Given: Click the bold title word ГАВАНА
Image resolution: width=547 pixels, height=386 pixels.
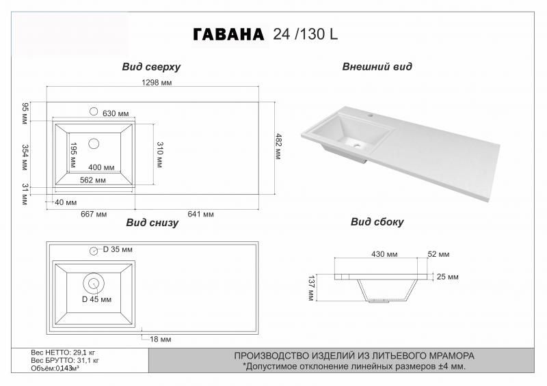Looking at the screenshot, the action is click(228, 35).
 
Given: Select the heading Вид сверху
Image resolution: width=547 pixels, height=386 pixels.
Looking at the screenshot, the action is click(151, 67).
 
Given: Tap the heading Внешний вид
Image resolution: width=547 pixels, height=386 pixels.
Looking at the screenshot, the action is click(377, 66).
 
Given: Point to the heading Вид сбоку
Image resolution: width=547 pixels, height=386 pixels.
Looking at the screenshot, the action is click(377, 222).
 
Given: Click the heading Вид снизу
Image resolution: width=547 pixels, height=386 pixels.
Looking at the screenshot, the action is click(152, 223).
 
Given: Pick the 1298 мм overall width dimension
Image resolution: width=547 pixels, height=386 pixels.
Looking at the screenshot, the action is click(157, 83).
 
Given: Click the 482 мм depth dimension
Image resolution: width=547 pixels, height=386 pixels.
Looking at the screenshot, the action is click(278, 146).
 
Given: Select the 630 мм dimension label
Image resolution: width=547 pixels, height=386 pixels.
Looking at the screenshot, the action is click(116, 113).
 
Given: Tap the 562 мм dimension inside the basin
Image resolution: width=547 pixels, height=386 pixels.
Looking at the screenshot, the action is click(93, 180).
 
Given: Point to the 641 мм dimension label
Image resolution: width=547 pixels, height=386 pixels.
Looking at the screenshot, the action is click(200, 214).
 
